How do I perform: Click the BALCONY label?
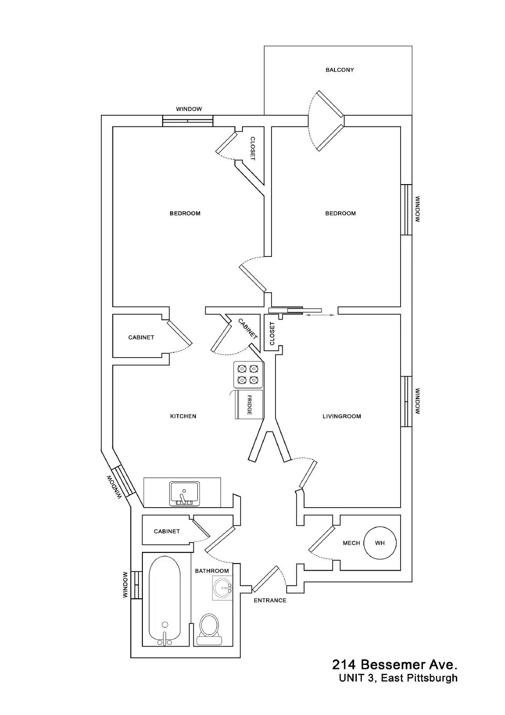click(x=339, y=70)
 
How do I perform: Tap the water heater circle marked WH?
click(x=380, y=543)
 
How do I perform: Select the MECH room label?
click(x=351, y=543)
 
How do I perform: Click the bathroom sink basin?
click(x=223, y=588)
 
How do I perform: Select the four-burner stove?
click(x=248, y=374)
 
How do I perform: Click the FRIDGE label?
click(x=249, y=405)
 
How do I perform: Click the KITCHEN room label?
click(x=183, y=416)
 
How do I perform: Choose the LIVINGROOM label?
click(x=342, y=416)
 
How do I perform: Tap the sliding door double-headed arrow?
click(x=320, y=315)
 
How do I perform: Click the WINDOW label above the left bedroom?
click(x=189, y=109)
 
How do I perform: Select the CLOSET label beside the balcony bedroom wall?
click(x=253, y=149)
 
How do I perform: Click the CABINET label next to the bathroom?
click(x=167, y=531)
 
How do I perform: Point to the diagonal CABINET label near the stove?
click(x=247, y=329)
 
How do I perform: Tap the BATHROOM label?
click(x=212, y=571)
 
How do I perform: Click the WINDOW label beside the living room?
click(x=417, y=401)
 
